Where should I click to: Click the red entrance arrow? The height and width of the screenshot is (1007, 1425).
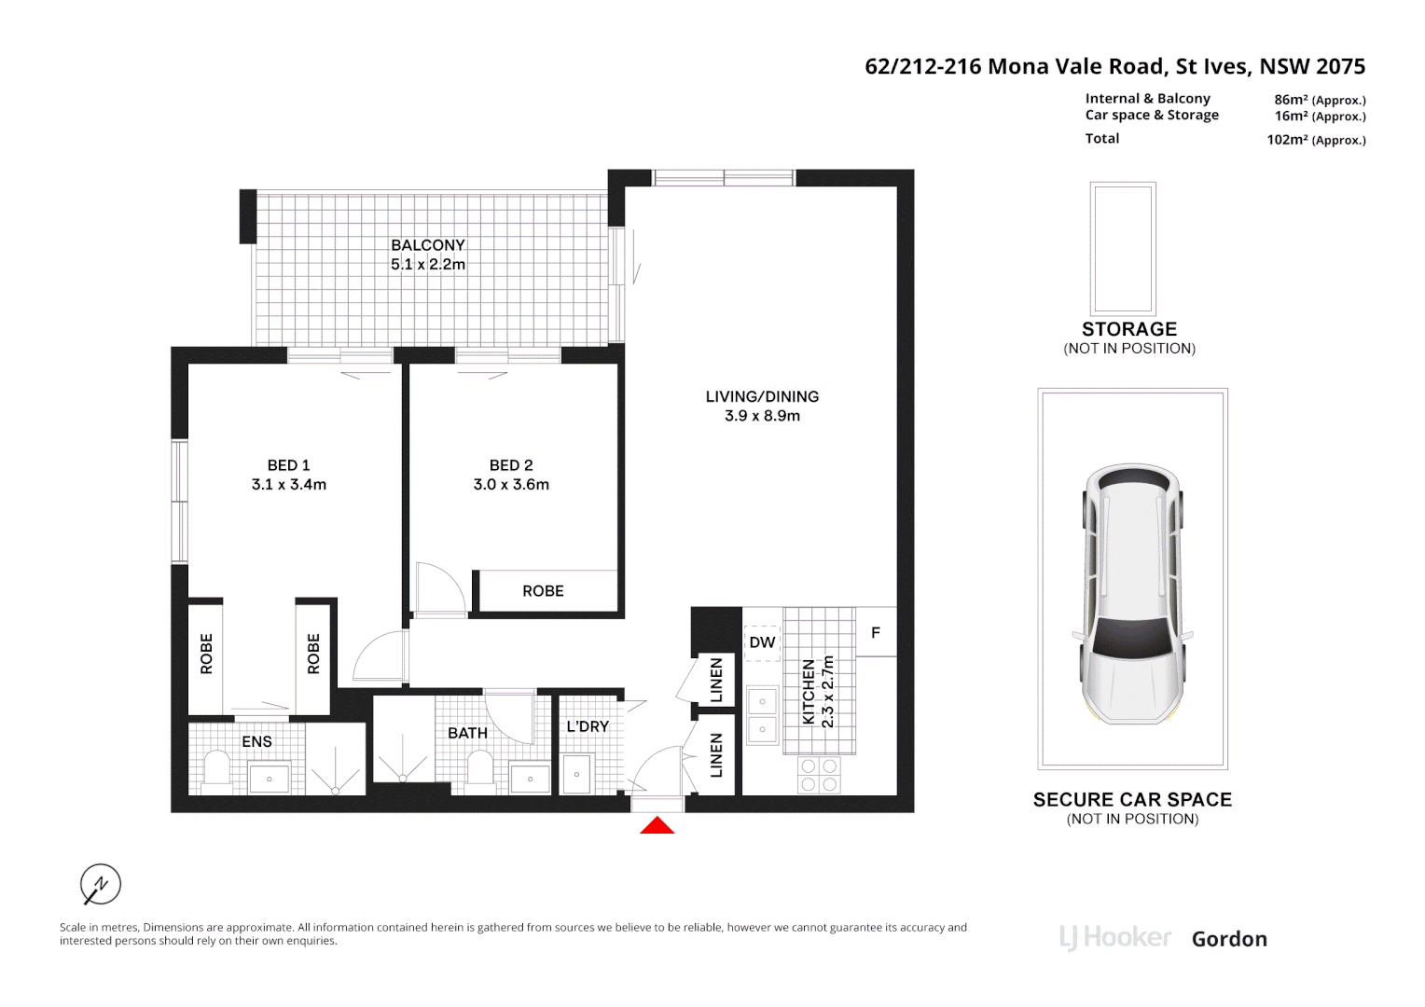point(657,825)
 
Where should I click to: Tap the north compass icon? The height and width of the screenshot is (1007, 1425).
point(101,884)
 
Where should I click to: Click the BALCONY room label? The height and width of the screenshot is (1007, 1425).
point(428,245)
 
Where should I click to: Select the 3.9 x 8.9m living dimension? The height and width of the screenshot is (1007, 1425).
point(762,416)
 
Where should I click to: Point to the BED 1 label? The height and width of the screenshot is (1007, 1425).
point(288,465)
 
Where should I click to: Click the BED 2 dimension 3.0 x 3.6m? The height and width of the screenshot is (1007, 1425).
point(511,485)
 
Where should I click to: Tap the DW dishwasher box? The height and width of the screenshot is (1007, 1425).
point(762,642)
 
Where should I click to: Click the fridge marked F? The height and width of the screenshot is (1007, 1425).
point(876,632)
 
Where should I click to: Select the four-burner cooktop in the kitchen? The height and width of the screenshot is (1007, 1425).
point(819,775)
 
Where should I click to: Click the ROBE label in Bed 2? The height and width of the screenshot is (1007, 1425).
point(543,591)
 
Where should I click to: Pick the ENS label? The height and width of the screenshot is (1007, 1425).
point(256,742)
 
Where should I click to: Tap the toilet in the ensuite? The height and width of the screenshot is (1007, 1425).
point(217,770)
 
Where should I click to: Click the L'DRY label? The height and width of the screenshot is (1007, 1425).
point(588,726)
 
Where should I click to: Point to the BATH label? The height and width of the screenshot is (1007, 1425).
point(467,734)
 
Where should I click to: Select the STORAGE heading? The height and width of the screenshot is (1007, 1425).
point(1128,329)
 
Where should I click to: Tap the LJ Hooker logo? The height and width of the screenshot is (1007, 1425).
point(1115,938)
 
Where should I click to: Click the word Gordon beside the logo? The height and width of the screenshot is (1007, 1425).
point(1229,939)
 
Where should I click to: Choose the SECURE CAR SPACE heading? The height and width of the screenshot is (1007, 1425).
point(1132,800)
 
